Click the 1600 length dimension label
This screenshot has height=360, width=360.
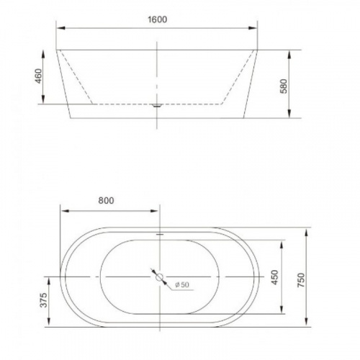158,20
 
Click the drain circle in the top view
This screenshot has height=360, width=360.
158,276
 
